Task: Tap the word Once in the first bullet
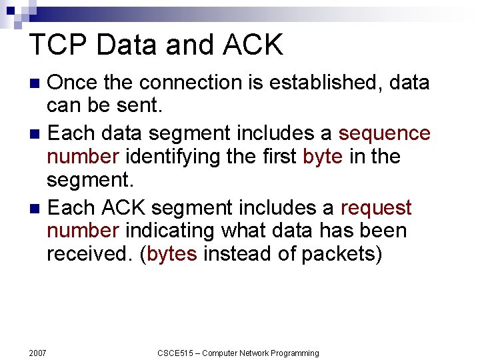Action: click(x=74, y=83)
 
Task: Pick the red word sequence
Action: click(x=384, y=133)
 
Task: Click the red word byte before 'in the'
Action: click(x=323, y=157)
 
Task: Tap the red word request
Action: click(x=376, y=207)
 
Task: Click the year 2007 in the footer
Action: click(x=38, y=353)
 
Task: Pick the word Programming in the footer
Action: click(x=291, y=353)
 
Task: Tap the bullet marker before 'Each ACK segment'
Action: click(x=37, y=209)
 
